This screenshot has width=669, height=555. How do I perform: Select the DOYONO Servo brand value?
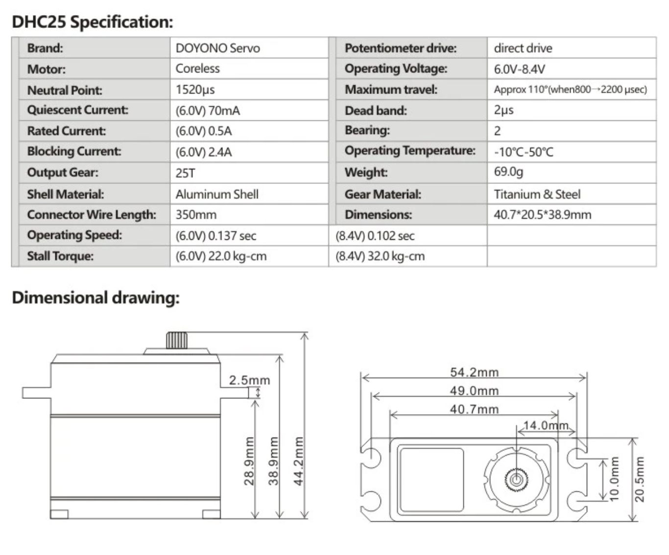pos(217,48)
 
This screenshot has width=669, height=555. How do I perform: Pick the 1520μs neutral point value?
pos(195,90)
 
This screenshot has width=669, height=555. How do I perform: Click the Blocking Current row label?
pos(74,152)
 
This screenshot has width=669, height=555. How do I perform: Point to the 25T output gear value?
pos(185,173)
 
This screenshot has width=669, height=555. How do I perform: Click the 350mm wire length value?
pos(196,214)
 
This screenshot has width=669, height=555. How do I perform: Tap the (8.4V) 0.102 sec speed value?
pos(375,236)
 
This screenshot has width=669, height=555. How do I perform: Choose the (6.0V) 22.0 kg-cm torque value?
pos(221,256)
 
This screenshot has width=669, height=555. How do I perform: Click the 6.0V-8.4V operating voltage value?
pos(519,69)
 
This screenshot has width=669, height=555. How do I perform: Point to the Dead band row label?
pos(376,111)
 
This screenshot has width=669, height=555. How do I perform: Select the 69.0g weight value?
pos(508,172)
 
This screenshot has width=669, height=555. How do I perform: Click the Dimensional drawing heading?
pos(96,298)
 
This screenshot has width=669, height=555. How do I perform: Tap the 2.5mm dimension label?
pos(249,380)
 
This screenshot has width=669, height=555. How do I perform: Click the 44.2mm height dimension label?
pos(298,461)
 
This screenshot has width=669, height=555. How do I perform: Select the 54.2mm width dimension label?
pos(474,372)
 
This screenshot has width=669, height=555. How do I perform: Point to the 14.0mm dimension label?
pos(546,426)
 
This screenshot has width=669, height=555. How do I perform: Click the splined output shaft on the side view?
pos(176,341)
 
